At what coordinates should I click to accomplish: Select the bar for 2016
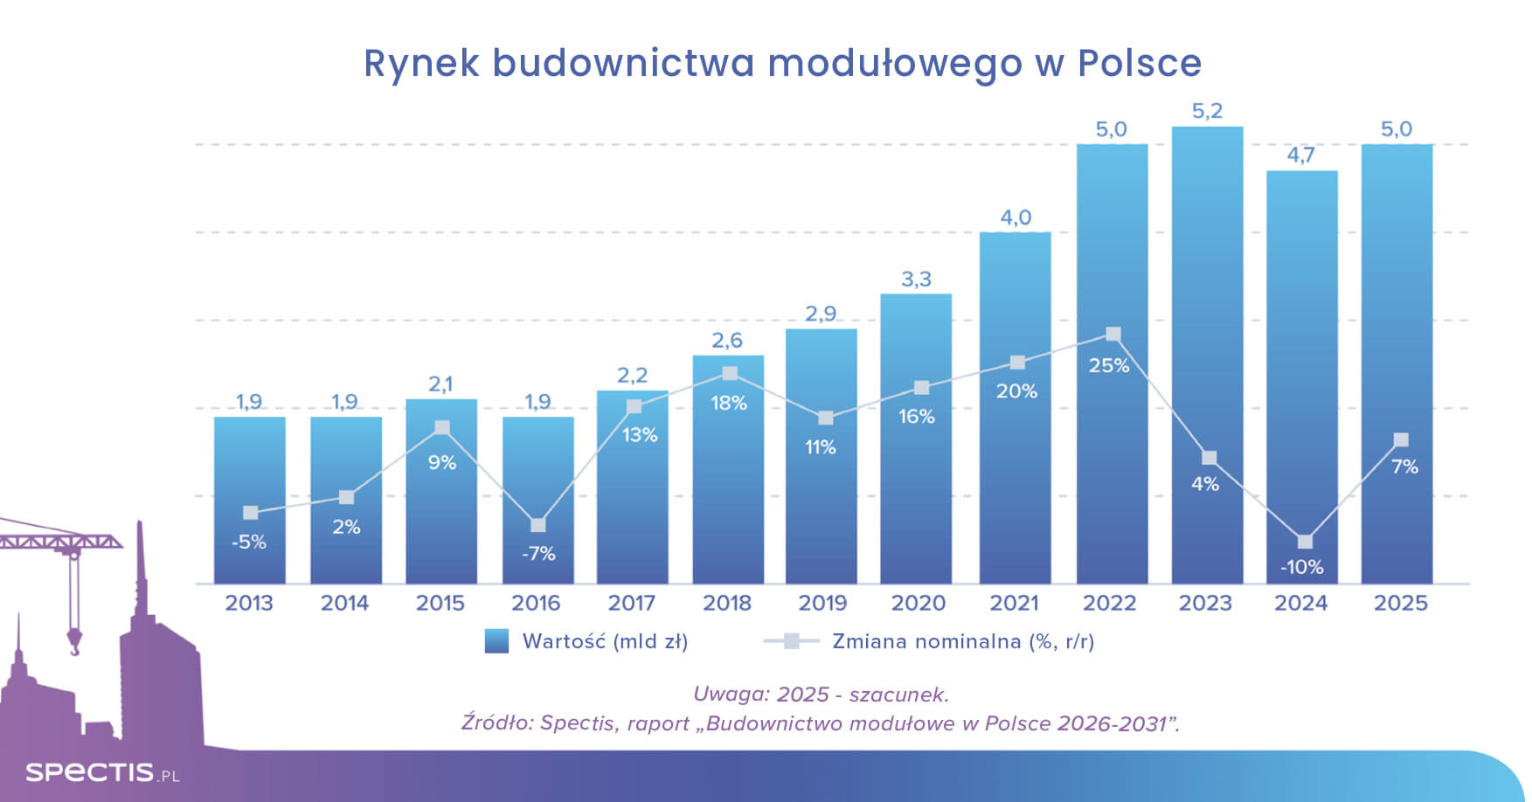(x=537, y=489)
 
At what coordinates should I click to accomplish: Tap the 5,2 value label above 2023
(x=1207, y=112)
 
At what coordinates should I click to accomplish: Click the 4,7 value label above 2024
(x=1300, y=156)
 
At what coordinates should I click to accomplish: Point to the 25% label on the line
(x=1109, y=366)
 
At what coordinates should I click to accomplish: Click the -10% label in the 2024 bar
(x=1301, y=567)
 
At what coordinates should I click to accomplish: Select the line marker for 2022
(x=1113, y=335)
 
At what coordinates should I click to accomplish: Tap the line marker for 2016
(x=538, y=525)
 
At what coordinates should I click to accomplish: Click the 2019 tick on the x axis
(x=822, y=603)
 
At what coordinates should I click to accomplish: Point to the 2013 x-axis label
(x=249, y=603)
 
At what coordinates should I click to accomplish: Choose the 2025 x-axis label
(x=1400, y=603)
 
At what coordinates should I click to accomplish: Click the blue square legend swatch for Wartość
(x=496, y=641)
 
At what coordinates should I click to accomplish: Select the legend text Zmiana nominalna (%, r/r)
(x=962, y=641)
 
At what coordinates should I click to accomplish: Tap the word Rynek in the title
(x=421, y=63)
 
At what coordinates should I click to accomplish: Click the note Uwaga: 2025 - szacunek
(x=821, y=695)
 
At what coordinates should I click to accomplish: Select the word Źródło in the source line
(x=496, y=723)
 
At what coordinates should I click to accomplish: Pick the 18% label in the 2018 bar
(x=728, y=404)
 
